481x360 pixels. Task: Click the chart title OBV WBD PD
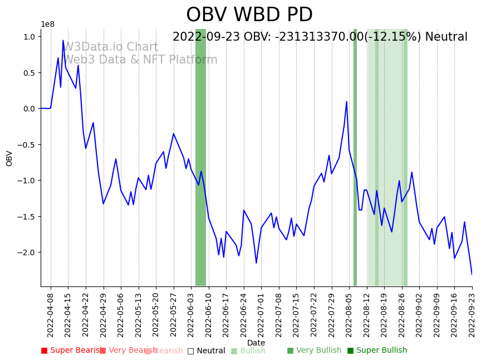tap(249, 15)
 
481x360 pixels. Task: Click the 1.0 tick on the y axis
tap(30, 37)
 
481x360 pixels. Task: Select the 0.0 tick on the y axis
tap(30, 109)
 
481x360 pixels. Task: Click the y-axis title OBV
tap(9, 158)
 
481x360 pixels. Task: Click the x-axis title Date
tap(256, 343)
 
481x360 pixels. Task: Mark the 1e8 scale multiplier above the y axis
tap(47, 24)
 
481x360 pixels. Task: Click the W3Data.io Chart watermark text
tap(111, 47)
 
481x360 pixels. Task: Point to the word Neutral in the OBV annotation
tap(446, 37)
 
